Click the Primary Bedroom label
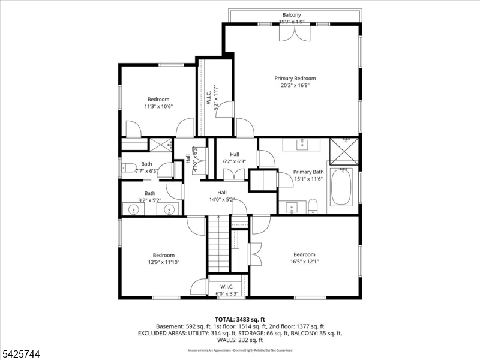295,78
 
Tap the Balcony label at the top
292,15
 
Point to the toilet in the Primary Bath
312,208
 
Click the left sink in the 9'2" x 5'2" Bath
133,209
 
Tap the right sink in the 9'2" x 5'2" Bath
170,209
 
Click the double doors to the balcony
294,33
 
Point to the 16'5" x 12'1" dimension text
304,262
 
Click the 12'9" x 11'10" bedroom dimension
163,262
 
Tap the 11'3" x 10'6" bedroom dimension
158,107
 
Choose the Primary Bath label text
308,172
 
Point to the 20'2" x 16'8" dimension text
295,85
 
